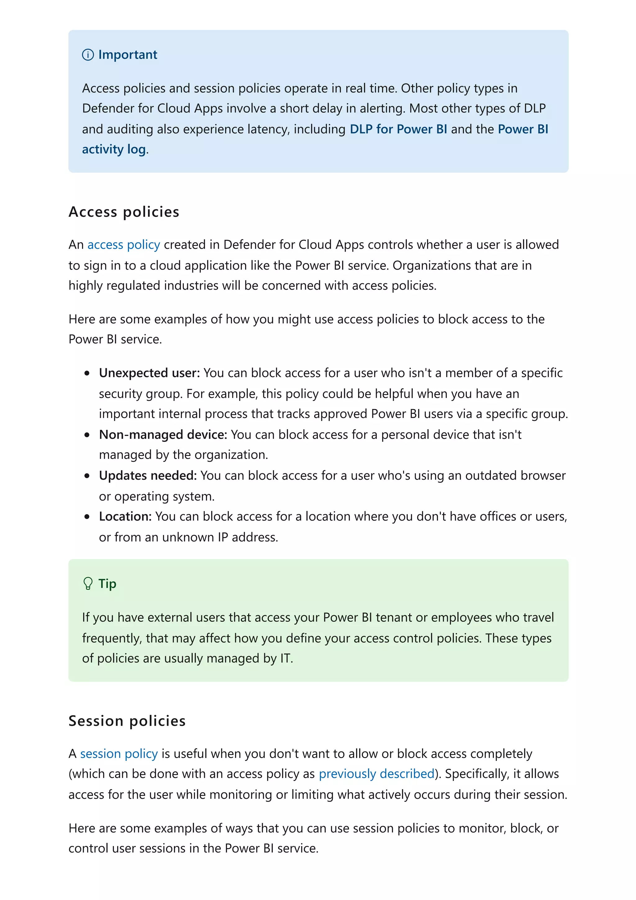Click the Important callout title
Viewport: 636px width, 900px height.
click(x=127, y=54)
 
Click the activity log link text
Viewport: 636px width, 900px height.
click(x=114, y=149)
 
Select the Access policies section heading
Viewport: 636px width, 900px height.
click(x=124, y=212)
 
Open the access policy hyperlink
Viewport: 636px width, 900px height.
click(x=123, y=245)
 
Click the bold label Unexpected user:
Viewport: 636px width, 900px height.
click(x=149, y=373)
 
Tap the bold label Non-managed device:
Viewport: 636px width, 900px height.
click(x=163, y=434)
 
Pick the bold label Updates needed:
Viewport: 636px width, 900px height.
click(x=148, y=475)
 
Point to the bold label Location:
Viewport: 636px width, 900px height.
click(x=125, y=516)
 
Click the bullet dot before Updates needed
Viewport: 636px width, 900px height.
click(x=87, y=476)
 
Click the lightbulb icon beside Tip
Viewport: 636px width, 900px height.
click(x=88, y=583)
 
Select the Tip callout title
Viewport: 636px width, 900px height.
click(x=107, y=583)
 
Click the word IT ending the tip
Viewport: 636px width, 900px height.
click(x=285, y=658)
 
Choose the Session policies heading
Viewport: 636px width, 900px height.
click(x=127, y=721)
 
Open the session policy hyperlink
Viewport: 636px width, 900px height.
click(x=119, y=754)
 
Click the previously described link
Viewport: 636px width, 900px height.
click(x=376, y=774)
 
